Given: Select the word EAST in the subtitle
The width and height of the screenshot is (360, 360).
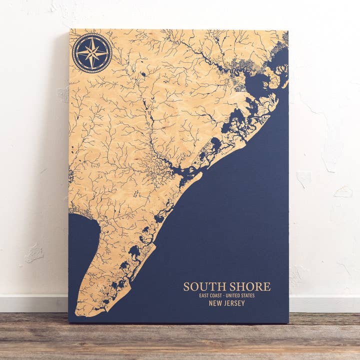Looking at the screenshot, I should pyautogui.click(x=203, y=295).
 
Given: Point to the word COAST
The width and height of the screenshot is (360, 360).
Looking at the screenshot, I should pyautogui.click(x=216, y=295).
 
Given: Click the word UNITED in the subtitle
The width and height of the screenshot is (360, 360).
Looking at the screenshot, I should pyautogui.click(x=235, y=295).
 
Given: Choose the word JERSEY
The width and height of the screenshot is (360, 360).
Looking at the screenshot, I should pyautogui.click(x=234, y=303).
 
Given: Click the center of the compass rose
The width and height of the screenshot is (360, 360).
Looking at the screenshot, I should pyautogui.click(x=92, y=52).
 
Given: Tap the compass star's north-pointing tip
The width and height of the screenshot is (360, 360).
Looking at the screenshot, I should pyautogui.click(x=92, y=37).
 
